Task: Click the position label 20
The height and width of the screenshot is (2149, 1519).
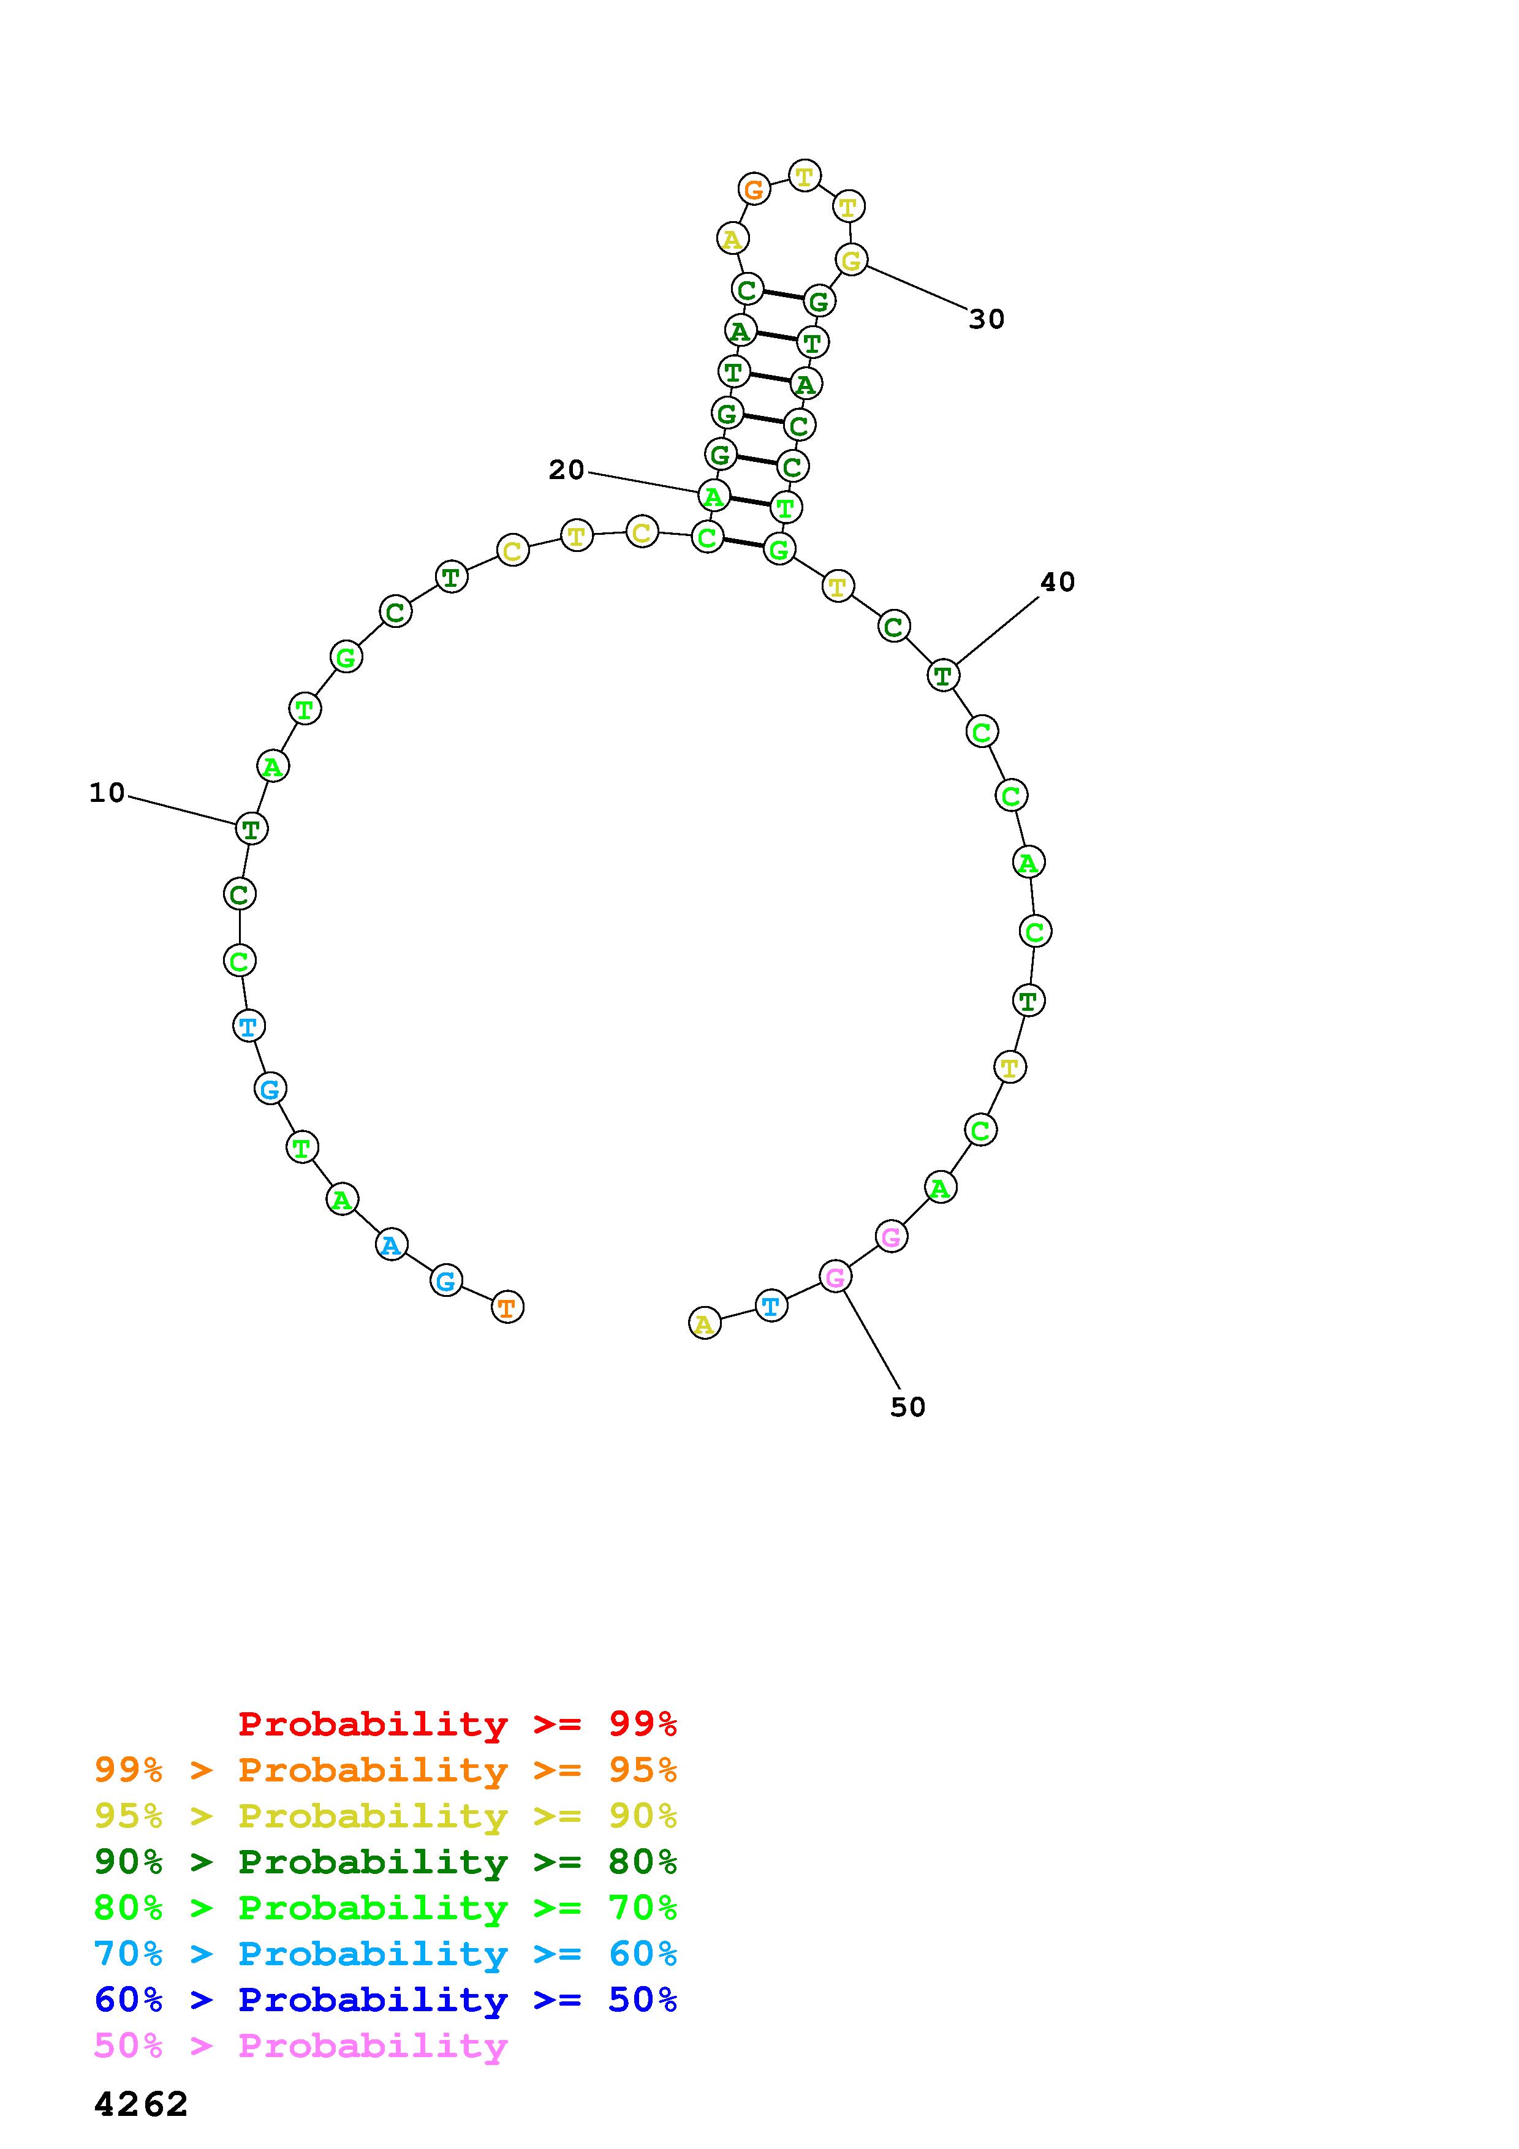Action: point(566,470)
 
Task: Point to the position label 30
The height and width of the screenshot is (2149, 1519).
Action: point(987,319)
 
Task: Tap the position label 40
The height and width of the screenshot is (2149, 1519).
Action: point(1058,582)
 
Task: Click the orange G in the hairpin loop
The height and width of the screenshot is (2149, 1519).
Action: point(754,189)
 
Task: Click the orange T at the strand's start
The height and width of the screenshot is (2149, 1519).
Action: point(507,1307)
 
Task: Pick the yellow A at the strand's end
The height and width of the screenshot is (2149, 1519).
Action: point(705,1323)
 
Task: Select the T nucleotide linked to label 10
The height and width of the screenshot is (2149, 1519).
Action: point(251,828)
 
